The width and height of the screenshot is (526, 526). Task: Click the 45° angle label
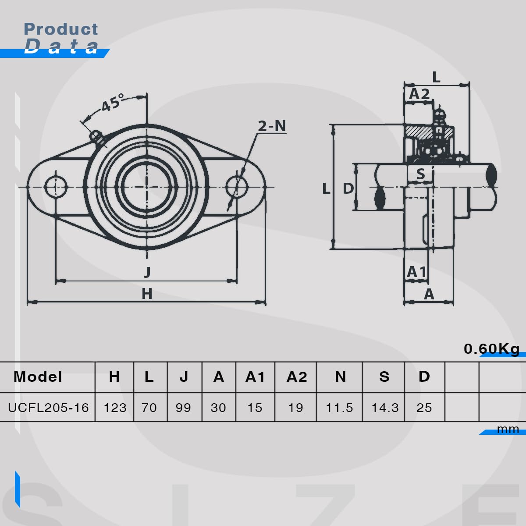(113, 103)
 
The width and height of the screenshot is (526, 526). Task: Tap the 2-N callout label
(272, 126)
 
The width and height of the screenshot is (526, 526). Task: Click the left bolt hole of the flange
(56, 187)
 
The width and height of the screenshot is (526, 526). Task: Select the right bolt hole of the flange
(237, 187)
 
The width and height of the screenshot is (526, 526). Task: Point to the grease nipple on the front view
(97, 137)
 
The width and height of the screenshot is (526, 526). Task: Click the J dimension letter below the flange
(147, 272)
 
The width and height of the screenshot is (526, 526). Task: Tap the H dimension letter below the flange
(147, 294)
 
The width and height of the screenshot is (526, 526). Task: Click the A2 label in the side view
(419, 94)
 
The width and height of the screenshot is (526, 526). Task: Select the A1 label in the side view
(416, 272)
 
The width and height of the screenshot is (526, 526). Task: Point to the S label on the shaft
(421, 174)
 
